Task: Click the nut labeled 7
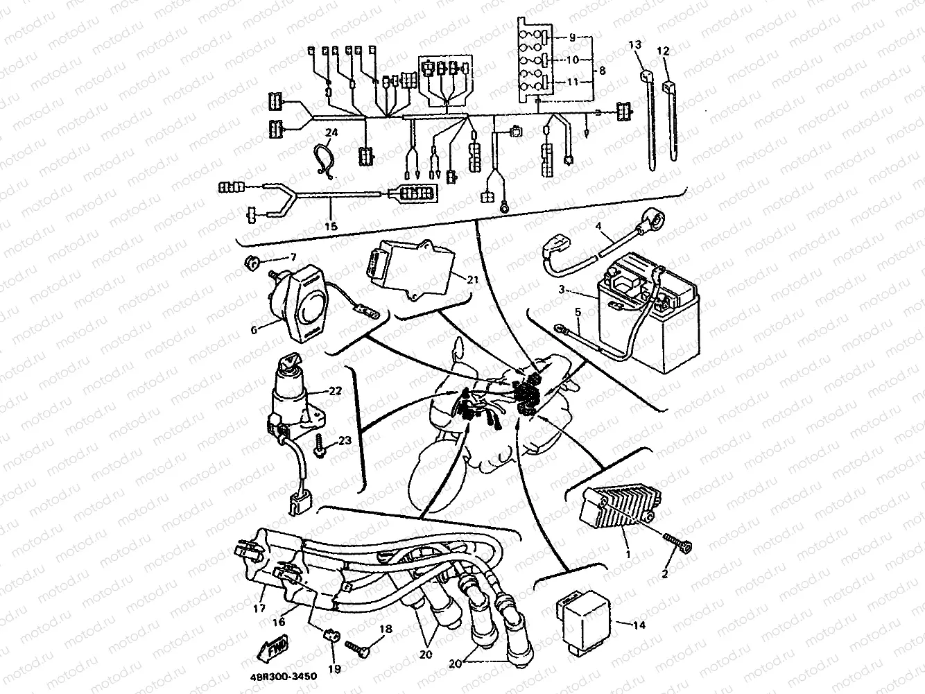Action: coord(252,262)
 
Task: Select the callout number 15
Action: coord(330,226)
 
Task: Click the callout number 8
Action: coord(602,71)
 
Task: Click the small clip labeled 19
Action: coord(331,634)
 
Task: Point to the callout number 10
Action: coord(572,60)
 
